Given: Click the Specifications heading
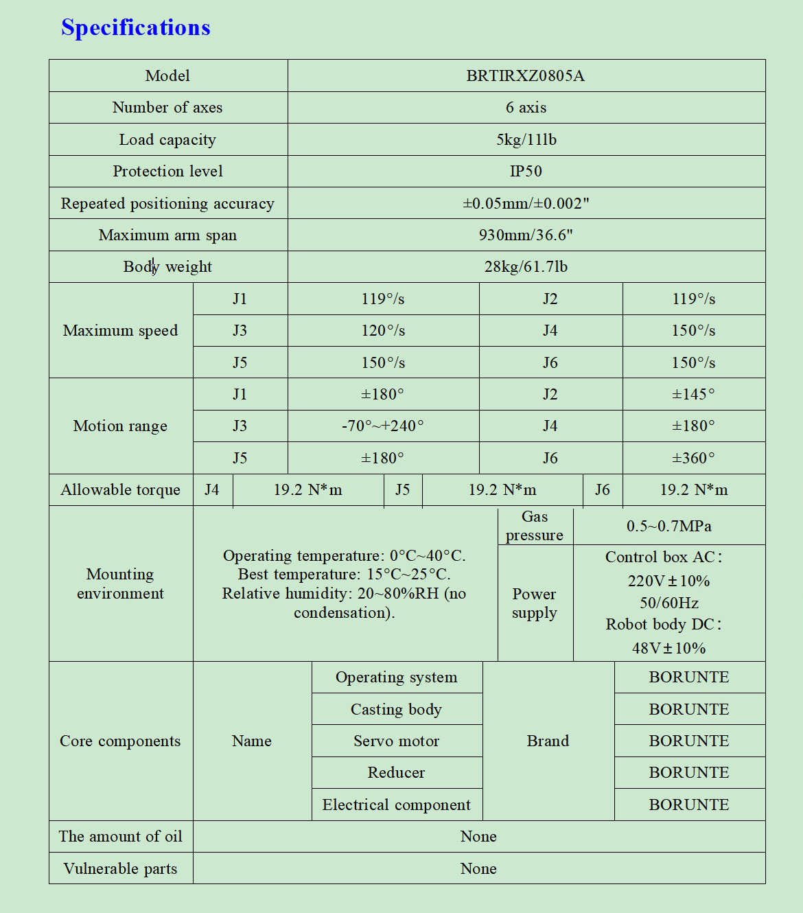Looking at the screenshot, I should point(135,27).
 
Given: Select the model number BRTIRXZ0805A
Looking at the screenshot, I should point(525,76).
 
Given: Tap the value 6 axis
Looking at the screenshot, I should point(526,107).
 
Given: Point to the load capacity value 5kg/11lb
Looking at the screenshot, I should point(526,139).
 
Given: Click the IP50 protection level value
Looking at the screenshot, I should point(526,171).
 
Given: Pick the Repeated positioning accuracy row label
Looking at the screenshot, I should point(167,203).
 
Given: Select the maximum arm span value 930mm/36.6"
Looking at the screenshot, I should point(526,235).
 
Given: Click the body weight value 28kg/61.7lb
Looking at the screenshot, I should point(526,266).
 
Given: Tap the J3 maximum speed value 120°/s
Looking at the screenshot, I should point(383,330).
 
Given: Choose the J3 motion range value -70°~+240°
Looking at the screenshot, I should point(383,426).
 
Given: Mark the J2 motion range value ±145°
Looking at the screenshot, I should point(693,394).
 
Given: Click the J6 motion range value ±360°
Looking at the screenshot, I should point(693,458).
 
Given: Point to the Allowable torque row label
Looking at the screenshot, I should point(120,489).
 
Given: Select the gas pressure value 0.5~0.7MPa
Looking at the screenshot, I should point(668,526).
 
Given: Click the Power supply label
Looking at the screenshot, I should point(534,603).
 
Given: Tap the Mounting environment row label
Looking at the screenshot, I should point(120,583).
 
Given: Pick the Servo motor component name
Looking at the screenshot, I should point(396,741).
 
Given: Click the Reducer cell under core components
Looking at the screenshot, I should point(396,772).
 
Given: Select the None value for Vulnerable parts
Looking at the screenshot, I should point(478,868).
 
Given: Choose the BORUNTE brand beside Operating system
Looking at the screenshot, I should point(689,677).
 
